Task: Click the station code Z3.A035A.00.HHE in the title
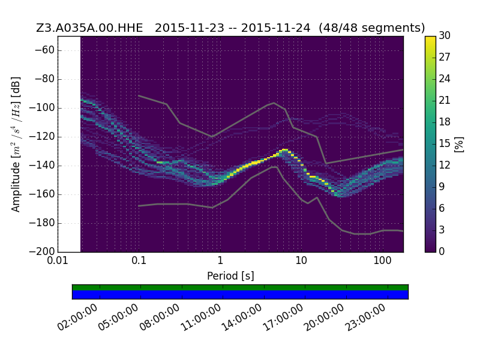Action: point(89,28)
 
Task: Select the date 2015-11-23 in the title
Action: point(190,28)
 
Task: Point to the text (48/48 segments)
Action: point(371,28)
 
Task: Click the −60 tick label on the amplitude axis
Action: point(44,50)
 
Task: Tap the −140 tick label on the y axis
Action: point(41,166)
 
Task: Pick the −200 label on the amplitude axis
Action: point(41,251)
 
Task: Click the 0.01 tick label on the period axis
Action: point(58,261)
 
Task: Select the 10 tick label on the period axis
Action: point(301,261)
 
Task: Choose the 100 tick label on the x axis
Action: point(382,261)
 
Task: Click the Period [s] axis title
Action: point(230,276)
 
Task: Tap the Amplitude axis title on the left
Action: point(16,144)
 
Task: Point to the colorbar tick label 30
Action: point(445,35)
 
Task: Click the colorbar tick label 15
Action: point(445,143)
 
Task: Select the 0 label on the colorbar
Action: point(442,251)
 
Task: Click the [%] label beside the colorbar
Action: point(459,144)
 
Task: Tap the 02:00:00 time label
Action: point(78,317)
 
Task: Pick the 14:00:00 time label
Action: point(242,317)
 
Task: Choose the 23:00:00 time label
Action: point(365,317)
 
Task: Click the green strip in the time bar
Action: point(241,287)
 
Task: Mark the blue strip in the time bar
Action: point(241,295)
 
